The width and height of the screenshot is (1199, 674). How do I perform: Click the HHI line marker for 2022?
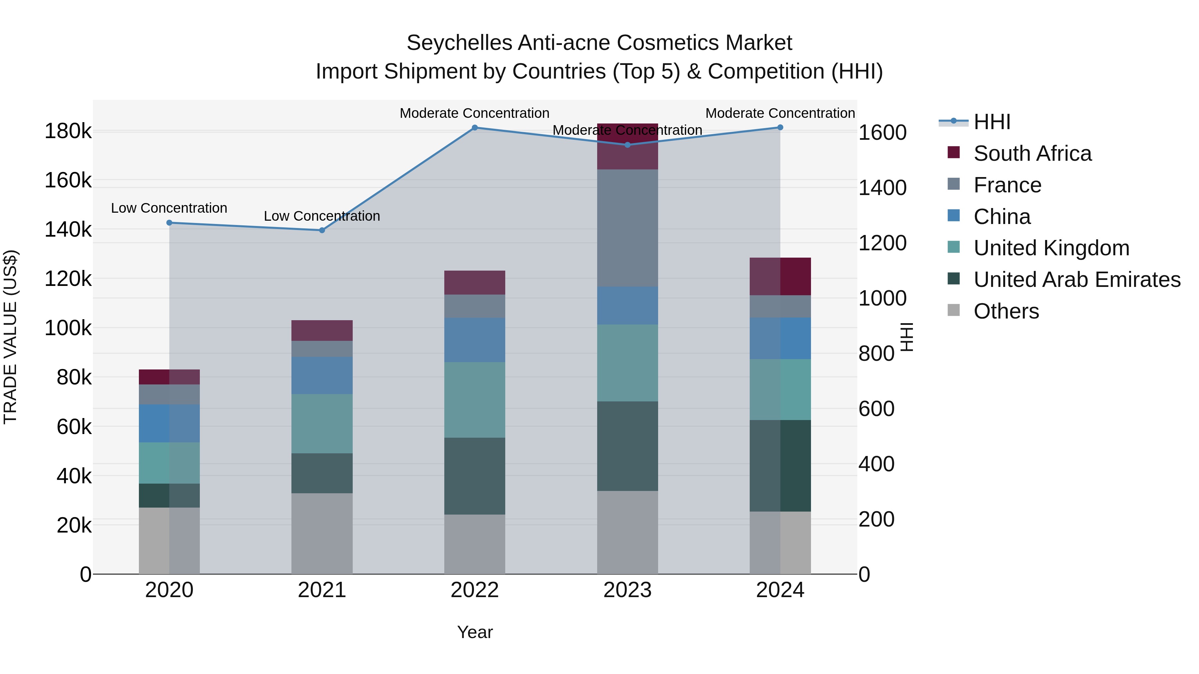tap(475, 127)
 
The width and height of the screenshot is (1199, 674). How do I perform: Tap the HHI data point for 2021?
tap(322, 230)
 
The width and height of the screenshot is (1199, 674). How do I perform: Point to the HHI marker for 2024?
tap(780, 127)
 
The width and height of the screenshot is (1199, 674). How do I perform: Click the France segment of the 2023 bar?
tap(627, 228)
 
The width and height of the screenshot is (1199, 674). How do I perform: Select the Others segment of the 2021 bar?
tap(322, 533)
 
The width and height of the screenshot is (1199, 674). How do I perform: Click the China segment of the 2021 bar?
tap(322, 375)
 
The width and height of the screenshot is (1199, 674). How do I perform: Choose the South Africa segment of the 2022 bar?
tap(475, 282)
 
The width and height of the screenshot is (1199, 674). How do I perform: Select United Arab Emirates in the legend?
tap(1076, 280)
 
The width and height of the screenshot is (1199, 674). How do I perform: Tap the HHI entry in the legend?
tap(992, 122)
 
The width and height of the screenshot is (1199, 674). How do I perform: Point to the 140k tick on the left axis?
tap(68, 229)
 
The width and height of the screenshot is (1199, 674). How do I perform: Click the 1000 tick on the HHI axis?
tap(882, 298)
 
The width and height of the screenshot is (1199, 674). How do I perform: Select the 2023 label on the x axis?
tap(627, 590)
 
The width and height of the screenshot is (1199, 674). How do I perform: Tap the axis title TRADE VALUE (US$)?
tap(10, 337)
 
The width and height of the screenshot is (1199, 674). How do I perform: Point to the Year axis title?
tap(475, 632)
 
